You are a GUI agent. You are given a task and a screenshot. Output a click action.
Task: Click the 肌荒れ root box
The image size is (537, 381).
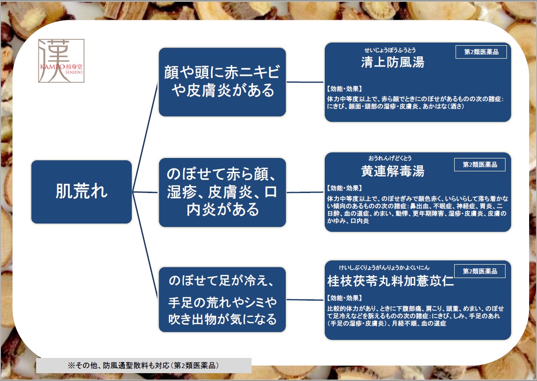[x=81, y=192]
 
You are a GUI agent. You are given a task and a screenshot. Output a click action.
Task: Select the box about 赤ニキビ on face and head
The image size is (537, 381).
[x=222, y=82]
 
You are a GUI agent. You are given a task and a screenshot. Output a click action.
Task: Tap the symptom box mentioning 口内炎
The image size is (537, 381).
[x=222, y=192]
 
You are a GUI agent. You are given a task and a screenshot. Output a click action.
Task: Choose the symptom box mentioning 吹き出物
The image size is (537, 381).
[x=222, y=300]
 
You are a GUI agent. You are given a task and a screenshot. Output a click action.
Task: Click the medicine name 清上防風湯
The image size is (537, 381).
[x=393, y=62]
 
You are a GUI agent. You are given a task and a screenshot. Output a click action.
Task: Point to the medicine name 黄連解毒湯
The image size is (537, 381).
[x=393, y=171]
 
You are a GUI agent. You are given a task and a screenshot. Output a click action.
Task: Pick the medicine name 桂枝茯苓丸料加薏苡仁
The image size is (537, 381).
[x=390, y=281]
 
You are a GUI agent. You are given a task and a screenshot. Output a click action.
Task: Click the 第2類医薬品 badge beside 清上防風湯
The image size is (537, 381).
[x=481, y=52]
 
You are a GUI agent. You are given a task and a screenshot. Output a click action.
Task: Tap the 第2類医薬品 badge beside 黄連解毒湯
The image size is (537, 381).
[x=480, y=164]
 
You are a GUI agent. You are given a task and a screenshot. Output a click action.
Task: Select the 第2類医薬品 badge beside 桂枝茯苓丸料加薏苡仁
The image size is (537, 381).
[x=480, y=271]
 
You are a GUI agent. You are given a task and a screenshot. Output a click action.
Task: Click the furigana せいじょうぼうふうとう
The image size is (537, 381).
[x=390, y=50]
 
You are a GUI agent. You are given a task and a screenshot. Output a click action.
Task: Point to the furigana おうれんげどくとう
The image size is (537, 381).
[x=390, y=158]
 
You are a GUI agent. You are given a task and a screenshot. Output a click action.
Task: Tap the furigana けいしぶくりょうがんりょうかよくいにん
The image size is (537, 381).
[x=384, y=267]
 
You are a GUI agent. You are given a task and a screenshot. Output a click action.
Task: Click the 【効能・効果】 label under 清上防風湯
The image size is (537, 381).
[x=344, y=89]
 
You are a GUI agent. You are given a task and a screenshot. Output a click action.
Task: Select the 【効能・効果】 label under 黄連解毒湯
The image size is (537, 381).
[x=344, y=188]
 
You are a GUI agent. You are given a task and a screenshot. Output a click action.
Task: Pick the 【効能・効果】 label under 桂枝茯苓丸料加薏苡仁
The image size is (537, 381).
[x=344, y=298]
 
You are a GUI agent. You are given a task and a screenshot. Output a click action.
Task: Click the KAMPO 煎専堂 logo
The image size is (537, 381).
[x=62, y=61]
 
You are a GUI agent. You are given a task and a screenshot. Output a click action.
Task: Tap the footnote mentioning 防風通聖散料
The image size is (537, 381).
[x=143, y=365]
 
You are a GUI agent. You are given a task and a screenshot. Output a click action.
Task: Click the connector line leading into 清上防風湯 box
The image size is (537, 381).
[x=305, y=82]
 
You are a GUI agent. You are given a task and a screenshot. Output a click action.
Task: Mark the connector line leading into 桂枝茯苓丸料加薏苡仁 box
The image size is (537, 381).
[x=305, y=300]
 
